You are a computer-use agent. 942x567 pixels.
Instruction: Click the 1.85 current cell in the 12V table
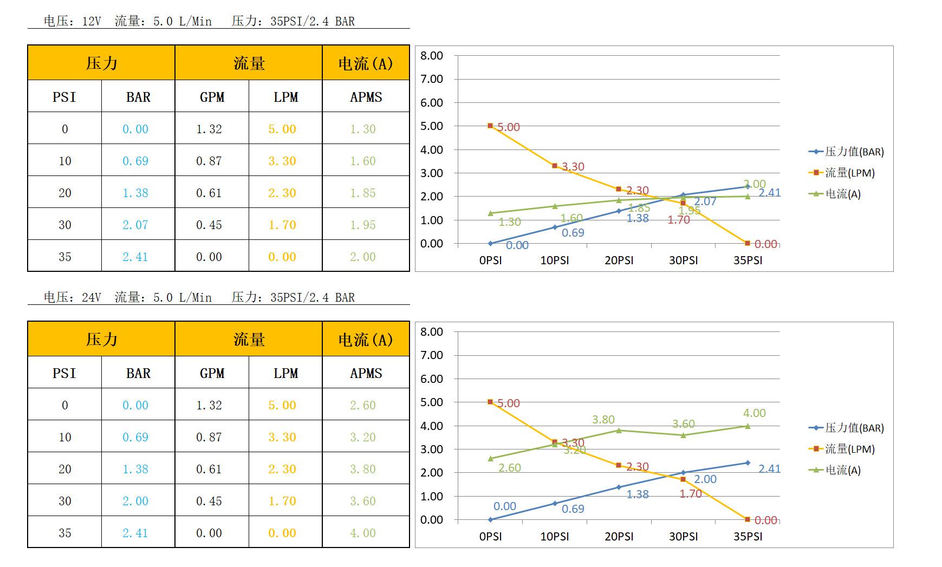pos(362,193)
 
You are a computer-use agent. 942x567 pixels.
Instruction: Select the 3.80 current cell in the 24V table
pos(362,469)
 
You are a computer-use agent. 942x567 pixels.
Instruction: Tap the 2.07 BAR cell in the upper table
pos(135,225)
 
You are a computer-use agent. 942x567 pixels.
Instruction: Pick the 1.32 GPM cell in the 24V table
pos(209,405)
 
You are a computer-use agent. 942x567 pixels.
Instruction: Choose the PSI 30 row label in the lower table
pos(64,501)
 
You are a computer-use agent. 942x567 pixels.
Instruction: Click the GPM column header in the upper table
pos(212,97)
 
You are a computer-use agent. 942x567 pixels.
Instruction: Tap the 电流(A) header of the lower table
pos(366,340)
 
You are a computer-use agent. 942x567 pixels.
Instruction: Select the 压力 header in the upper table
pos(101,63)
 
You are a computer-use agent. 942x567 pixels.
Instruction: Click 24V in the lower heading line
pos(91,297)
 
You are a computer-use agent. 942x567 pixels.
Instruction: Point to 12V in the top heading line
pos(91,21)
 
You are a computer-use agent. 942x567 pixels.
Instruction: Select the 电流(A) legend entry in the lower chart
pos(842,470)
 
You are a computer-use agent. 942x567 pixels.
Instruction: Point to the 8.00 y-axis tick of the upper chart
pos(432,56)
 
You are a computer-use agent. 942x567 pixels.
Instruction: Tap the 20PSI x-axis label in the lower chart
pos(619,536)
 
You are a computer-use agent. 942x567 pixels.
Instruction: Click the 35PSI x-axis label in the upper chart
pos(748,260)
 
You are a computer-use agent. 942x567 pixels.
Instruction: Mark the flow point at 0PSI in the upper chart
pos(490,126)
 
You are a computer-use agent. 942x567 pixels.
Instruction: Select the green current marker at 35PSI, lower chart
pos(748,426)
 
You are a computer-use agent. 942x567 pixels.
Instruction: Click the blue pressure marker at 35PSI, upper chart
pos(748,187)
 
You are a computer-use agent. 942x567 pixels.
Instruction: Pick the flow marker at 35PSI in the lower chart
pos(748,519)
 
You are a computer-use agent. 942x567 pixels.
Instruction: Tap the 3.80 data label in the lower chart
pos(603,420)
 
